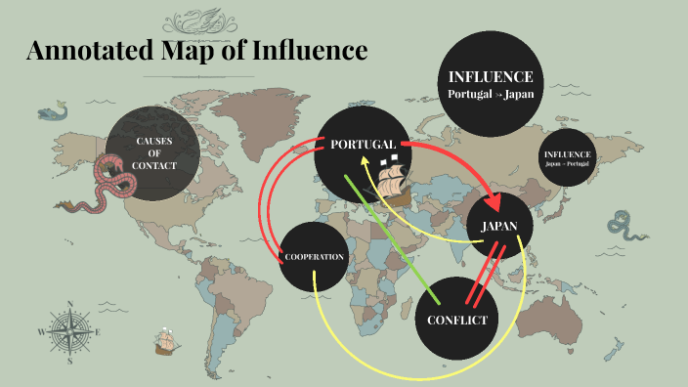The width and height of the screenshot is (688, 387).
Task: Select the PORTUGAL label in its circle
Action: click(x=363, y=145)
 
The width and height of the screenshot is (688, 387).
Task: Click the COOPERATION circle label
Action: click(x=314, y=257)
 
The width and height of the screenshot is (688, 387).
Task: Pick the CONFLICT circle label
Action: click(x=457, y=320)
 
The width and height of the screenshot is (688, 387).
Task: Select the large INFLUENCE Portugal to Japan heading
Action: click(x=490, y=84)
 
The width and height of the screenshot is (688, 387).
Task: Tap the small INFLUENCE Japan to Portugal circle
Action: click(x=567, y=157)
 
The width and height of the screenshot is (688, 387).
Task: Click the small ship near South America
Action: click(x=165, y=342)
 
